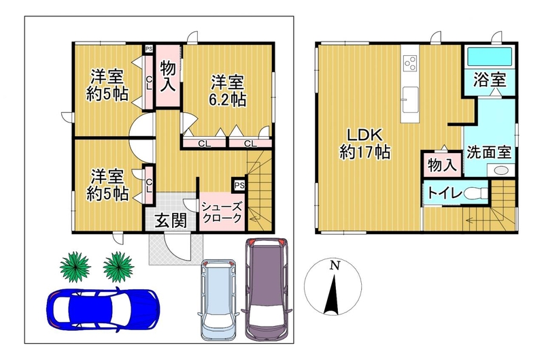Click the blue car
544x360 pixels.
(x=103, y=310)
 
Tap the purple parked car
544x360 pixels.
(x=267, y=288)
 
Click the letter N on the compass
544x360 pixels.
(x=334, y=266)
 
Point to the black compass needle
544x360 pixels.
(x=333, y=295)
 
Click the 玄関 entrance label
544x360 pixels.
(x=171, y=220)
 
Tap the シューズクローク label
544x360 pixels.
(x=222, y=212)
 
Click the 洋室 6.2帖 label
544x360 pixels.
(x=228, y=91)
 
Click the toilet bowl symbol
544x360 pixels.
(x=475, y=194)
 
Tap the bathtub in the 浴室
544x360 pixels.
(x=490, y=56)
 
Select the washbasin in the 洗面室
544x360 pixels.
(x=500, y=170)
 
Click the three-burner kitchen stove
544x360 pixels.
(x=410, y=63)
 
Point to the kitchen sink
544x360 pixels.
(x=410, y=99)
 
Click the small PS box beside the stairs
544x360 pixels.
(x=239, y=185)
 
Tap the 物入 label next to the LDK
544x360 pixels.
(x=441, y=165)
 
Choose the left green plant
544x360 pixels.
(x=75, y=267)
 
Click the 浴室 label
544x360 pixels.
(x=490, y=80)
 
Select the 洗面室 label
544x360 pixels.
(x=489, y=152)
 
